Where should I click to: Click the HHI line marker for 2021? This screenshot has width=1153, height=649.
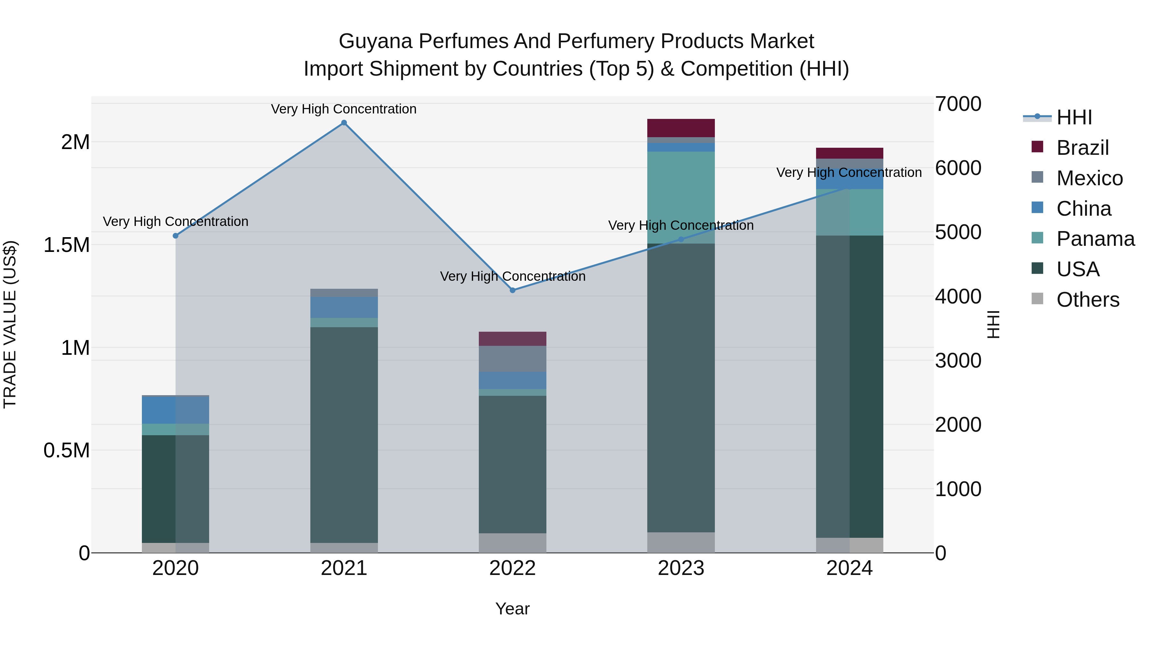tap(344, 123)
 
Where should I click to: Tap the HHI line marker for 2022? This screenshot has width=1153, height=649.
tap(512, 290)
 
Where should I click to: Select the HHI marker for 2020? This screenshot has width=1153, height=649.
tap(176, 236)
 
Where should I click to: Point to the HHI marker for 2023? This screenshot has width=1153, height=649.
tap(681, 240)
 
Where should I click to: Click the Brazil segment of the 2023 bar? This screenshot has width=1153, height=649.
tap(681, 128)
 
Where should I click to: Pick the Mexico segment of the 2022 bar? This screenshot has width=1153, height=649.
tap(512, 359)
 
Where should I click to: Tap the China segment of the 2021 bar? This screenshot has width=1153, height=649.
tap(344, 307)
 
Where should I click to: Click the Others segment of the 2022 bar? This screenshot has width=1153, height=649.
tap(512, 543)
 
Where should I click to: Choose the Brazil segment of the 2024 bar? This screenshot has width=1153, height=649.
tap(849, 153)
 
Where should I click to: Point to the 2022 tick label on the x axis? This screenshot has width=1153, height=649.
tap(512, 568)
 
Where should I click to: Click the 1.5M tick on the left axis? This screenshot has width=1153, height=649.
tap(66, 245)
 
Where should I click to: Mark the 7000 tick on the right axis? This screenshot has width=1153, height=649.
tap(958, 104)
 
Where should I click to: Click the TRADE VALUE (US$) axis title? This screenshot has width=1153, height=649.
tap(10, 324)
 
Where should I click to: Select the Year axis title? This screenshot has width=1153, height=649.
tap(512, 609)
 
